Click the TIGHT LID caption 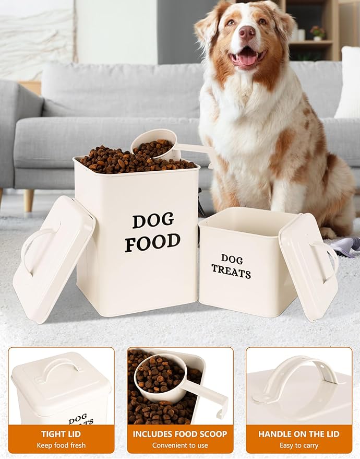point(61,434)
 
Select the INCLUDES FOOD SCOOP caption point(180,434)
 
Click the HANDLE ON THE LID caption point(298,434)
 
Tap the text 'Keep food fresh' point(61,445)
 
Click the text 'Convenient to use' point(180,445)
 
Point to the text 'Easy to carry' point(298,445)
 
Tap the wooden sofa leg point(28,200)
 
